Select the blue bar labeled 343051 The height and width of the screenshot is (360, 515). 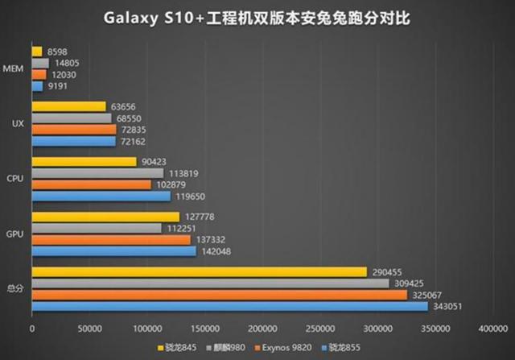pos(230,306)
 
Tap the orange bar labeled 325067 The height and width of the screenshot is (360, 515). pos(220,295)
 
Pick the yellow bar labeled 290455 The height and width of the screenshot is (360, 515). pos(200,272)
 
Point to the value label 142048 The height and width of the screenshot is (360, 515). pos(216,251)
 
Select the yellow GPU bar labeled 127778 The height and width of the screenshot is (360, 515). pos(106,217)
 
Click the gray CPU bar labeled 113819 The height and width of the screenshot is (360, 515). pos(98,173)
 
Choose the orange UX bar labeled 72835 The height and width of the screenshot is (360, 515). pos(74,129)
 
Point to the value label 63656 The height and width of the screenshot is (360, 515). pos(123,106)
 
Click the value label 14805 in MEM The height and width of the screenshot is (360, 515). pos(65,63)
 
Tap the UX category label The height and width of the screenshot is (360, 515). pos(17,123)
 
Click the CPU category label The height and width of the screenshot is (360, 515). pos(15,179)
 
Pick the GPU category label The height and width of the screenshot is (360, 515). pos(15,234)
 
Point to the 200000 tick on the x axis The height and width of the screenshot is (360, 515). pos(262,329)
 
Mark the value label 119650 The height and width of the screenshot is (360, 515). pos(191,196)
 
